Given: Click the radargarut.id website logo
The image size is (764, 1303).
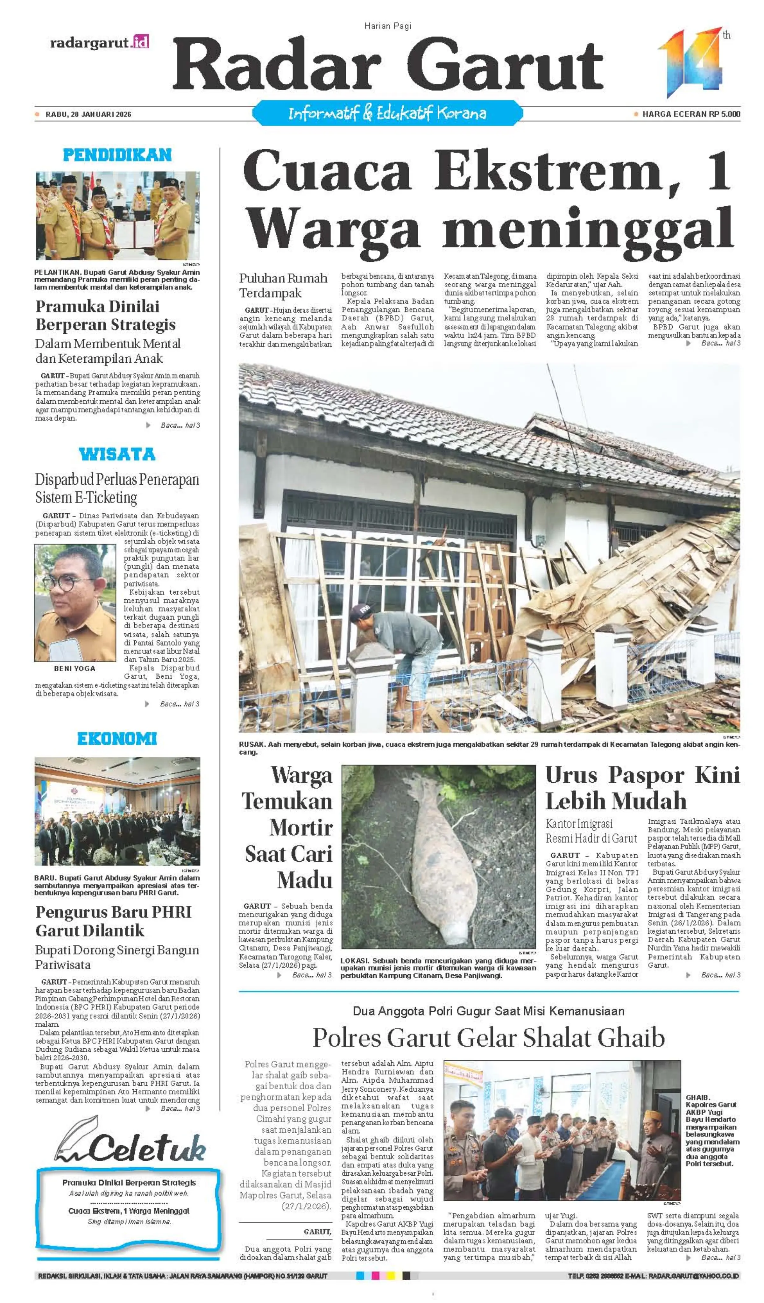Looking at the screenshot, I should (99, 42).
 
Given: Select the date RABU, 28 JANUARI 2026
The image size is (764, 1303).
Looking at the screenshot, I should (88, 114).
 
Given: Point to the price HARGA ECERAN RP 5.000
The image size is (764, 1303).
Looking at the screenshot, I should (690, 114).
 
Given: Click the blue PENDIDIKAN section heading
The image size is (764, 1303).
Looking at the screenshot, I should (117, 155).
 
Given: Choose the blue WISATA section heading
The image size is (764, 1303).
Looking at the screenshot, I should (117, 454).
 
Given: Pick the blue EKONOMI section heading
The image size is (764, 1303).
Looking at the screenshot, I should (117, 739).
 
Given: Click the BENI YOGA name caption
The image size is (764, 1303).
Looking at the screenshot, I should (75, 669).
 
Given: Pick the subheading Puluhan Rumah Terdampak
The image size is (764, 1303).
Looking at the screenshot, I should (283, 285).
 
